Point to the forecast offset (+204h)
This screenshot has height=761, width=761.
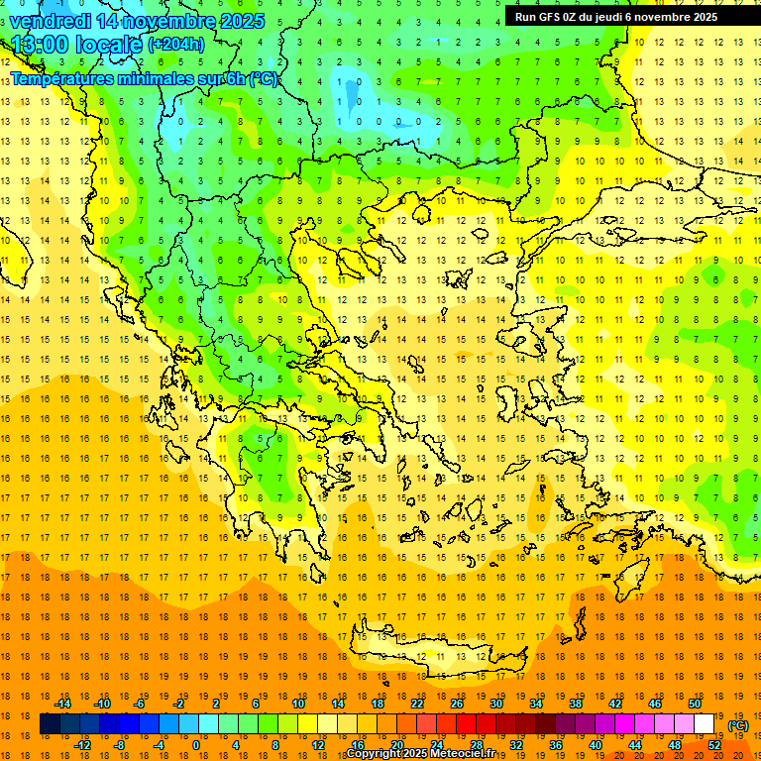click(x=176, y=45)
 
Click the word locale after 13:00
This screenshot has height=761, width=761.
click(x=111, y=45)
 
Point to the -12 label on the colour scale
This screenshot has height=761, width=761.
click(x=82, y=745)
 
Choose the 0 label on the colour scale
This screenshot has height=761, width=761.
click(x=196, y=745)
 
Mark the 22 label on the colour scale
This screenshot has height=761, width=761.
click(x=417, y=704)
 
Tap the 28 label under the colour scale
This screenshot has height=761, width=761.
click(x=477, y=745)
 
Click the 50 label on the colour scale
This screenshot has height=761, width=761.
click(x=695, y=704)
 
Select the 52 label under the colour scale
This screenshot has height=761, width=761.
click(x=714, y=745)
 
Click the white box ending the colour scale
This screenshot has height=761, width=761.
click(x=705, y=724)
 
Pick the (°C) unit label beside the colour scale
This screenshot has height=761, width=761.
click(x=738, y=725)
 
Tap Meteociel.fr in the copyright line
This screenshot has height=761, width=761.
click(x=461, y=755)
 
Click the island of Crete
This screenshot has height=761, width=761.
click(x=436, y=658)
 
